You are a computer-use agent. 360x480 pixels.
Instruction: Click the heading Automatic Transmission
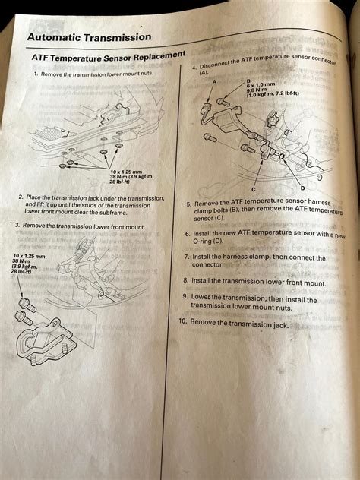(x=89, y=37)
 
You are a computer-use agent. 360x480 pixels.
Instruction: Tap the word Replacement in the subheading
(x=159, y=57)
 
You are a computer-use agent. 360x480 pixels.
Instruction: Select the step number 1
(x=35, y=74)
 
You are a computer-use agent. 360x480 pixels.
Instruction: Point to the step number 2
(x=21, y=196)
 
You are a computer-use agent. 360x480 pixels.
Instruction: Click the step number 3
(x=17, y=226)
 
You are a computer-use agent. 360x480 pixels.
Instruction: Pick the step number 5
(x=188, y=204)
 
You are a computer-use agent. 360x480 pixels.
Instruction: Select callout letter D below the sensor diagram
(x=302, y=188)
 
